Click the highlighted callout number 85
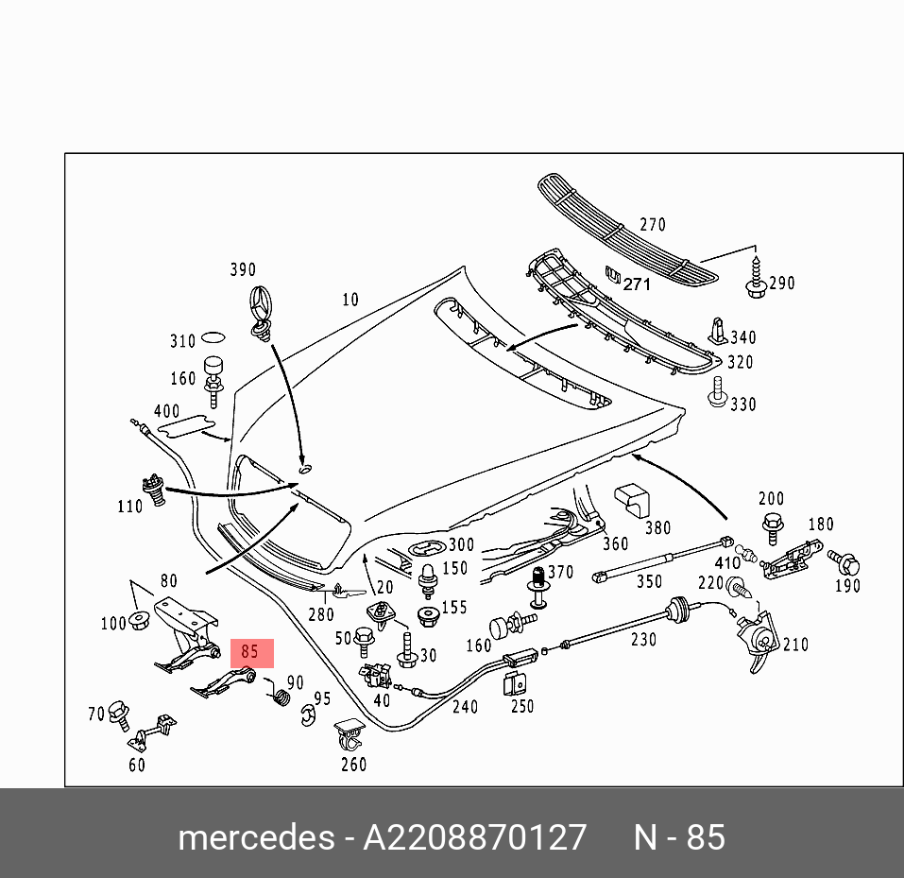[x=249, y=652]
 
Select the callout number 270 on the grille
[x=652, y=225]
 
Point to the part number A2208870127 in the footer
[x=475, y=837]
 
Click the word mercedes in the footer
[x=255, y=837]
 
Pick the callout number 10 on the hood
[x=350, y=300]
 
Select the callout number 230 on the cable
[x=643, y=640]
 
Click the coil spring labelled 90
[x=281, y=697]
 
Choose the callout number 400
[x=166, y=411]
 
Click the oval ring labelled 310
[x=213, y=337]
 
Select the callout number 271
[x=637, y=283]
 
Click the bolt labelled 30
[x=408, y=649]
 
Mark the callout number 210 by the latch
[x=795, y=645]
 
